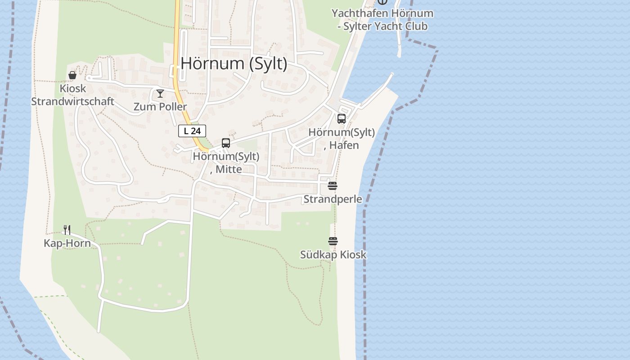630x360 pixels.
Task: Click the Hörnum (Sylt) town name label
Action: (234, 63)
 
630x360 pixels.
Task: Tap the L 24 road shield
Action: (192, 131)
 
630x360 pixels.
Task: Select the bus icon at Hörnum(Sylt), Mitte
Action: (226, 143)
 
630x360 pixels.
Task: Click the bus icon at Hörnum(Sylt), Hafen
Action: (342, 119)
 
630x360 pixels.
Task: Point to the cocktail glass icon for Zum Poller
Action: (160, 94)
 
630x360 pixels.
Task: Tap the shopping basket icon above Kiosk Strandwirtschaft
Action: (72, 75)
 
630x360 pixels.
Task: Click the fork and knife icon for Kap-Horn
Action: (67, 230)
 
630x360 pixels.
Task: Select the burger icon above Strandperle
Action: (333, 186)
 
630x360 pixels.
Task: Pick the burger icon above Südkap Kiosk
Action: (333, 242)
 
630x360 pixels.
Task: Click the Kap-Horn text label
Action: (67, 243)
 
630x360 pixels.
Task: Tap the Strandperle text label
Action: (333, 199)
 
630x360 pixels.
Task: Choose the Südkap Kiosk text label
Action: (333, 255)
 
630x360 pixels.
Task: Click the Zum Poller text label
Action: (160, 107)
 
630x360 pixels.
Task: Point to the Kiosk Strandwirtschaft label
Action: (72, 95)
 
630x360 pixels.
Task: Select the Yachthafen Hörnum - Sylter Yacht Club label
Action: (382, 20)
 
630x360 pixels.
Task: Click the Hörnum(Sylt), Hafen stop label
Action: (342, 139)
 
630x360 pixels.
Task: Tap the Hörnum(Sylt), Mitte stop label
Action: (226, 162)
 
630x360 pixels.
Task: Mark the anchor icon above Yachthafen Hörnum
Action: (382, 2)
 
